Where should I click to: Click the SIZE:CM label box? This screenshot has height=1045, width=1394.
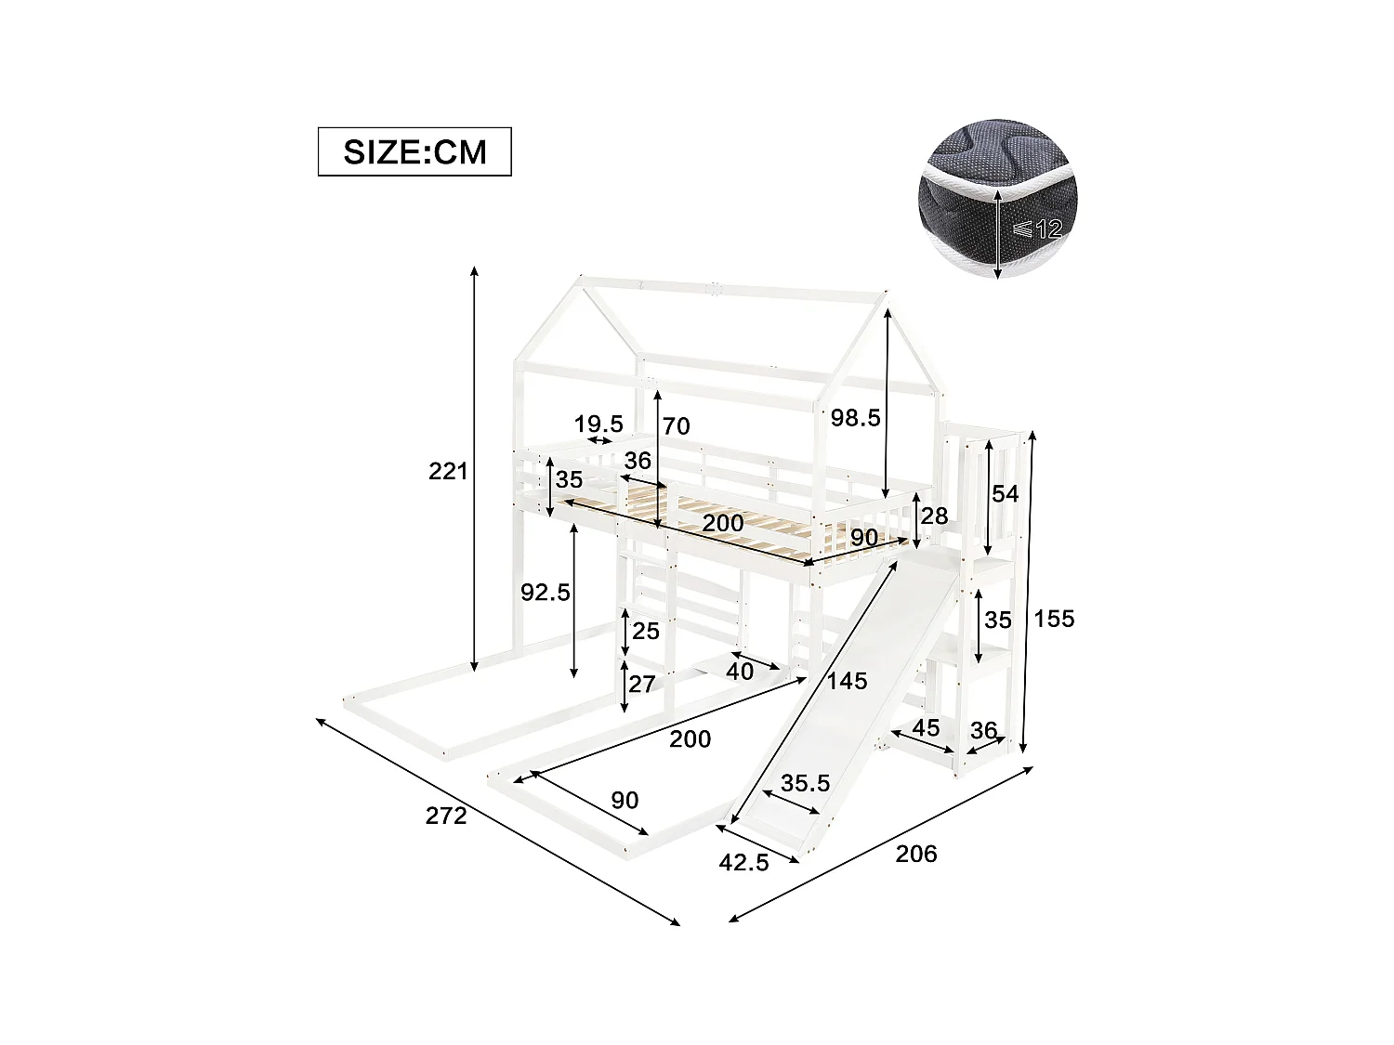point(414,151)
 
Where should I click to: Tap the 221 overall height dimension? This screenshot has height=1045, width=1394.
point(448,471)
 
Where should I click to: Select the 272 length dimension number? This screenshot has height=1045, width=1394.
point(446,816)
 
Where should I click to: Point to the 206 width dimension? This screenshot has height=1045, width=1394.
point(916,854)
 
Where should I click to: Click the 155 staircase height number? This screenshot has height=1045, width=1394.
point(1054,619)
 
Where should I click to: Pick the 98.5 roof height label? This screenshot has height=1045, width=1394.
point(855,418)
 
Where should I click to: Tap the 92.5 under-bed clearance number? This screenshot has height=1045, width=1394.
point(546,592)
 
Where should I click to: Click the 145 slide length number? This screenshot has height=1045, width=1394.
point(847,681)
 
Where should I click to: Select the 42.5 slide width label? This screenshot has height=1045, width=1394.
point(743,863)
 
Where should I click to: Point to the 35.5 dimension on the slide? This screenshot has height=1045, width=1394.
point(805,783)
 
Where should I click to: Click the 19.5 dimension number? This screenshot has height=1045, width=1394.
point(598,425)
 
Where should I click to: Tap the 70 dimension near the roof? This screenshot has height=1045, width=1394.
point(676,426)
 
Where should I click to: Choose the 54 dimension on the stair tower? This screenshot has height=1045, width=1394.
point(1005,493)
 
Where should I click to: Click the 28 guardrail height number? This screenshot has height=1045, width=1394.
point(934,516)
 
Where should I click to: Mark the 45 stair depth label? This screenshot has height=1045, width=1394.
point(926,728)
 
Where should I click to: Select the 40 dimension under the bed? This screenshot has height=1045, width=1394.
point(740,671)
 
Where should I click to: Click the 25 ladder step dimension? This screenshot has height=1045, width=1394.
point(645,632)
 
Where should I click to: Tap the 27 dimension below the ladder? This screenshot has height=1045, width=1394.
point(642,685)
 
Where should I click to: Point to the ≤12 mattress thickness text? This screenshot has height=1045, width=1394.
point(1039,229)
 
